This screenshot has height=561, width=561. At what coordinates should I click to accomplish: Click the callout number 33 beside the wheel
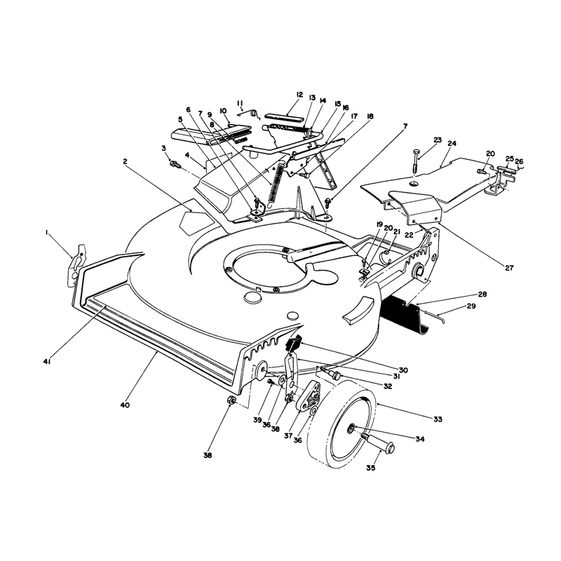pos(438,419)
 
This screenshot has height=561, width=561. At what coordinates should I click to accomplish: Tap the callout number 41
pos(47,362)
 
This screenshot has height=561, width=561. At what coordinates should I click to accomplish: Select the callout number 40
pos(125,405)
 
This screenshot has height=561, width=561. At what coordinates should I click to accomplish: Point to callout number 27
pos(509,268)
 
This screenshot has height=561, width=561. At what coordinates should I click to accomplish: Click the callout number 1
pos(47,233)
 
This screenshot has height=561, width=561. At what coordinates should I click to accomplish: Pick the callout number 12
pos(299,95)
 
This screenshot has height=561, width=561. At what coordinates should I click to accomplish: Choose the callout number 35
pos(371,468)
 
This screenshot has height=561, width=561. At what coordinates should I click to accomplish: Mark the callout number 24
pos(452,144)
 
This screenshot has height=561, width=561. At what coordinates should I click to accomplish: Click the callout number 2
pos(125,161)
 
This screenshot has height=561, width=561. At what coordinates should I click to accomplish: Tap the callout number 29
pos(471,306)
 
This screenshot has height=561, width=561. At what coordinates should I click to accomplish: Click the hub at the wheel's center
pos(351,427)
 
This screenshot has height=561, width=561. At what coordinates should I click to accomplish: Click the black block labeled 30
pos(293,343)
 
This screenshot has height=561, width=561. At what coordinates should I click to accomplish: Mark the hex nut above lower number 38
pos(232,400)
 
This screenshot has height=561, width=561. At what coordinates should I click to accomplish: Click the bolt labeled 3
pos(175,164)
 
